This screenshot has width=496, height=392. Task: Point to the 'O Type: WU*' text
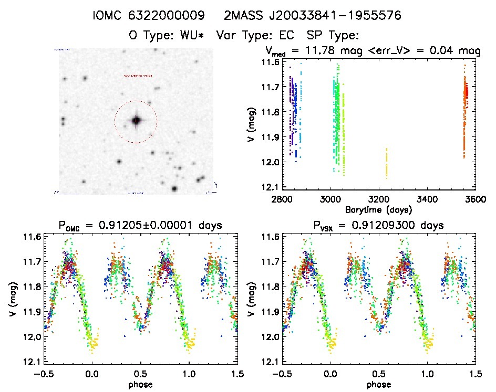166,35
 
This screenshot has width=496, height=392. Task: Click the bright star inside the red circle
136,121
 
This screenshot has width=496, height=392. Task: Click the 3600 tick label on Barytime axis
474,199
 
